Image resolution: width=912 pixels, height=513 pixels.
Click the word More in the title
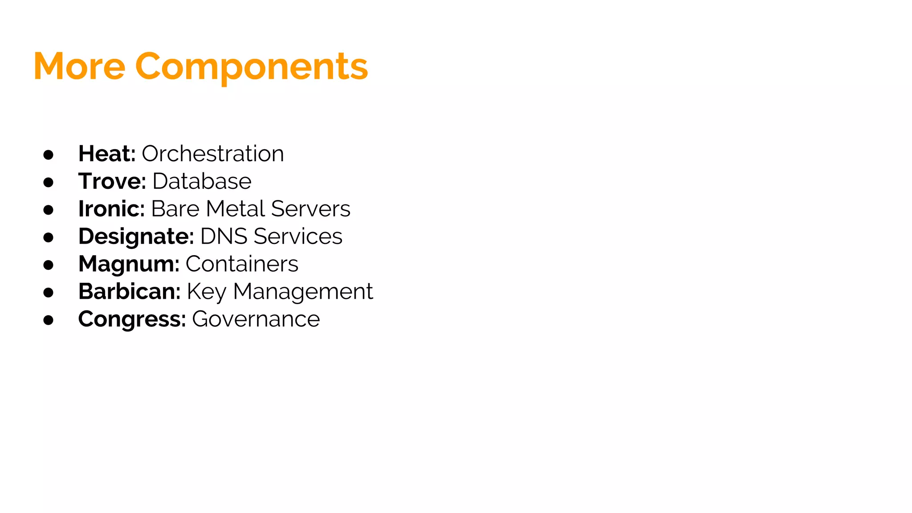tap(79, 67)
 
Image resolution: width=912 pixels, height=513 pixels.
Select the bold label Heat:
tap(107, 154)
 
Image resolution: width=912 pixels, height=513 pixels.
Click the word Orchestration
tap(212, 154)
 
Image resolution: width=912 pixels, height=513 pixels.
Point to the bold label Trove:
tap(112, 181)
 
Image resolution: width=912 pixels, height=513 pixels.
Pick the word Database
tap(202, 181)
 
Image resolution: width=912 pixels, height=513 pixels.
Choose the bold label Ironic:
tap(111, 209)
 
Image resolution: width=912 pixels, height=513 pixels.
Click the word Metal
tap(236, 209)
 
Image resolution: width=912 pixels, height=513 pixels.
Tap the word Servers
tap(310, 209)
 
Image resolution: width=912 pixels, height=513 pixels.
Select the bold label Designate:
tap(136, 236)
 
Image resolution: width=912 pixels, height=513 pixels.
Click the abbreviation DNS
tap(224, 236)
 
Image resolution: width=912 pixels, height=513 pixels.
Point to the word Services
tap(298, 236)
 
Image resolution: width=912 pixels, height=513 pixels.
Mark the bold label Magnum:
tap(129, 264)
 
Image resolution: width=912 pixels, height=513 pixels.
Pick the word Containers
tap(242, 264)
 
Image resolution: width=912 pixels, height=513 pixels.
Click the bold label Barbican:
tap(129, 292)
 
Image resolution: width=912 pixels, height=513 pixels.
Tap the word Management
tap(303, 292)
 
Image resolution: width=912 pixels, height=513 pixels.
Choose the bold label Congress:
tap(132, 319)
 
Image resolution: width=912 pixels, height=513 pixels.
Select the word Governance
tap(256, 319)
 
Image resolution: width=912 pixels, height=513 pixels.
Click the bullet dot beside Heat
tap(49, 155)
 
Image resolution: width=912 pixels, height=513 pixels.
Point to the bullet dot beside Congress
tap(49, 320)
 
